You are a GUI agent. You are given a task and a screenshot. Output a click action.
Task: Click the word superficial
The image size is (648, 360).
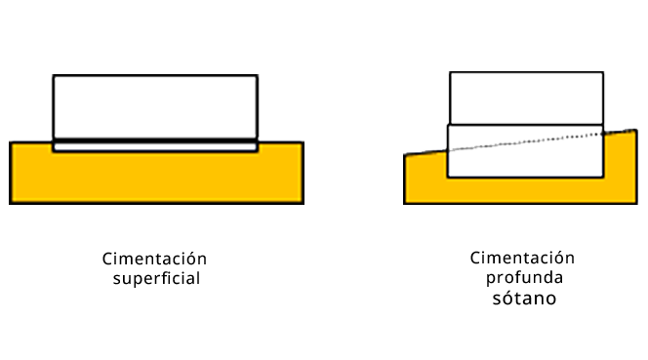tap(156, 279)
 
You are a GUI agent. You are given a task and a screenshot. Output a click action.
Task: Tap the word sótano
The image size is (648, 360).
tap(524, 298)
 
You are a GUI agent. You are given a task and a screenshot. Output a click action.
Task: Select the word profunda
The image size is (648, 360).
tap(524, 278)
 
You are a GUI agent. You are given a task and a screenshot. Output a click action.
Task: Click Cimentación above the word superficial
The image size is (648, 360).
tap(154, 259)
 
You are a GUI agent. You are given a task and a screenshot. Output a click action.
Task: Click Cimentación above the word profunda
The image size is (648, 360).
tap(522, 258)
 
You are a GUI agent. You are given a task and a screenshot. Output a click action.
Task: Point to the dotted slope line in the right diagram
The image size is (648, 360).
tap(525, 142)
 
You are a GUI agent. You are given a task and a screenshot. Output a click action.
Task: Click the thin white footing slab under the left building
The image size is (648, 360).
tap(155, 147)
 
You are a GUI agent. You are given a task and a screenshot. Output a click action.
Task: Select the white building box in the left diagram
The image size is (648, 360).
tap(155, 107)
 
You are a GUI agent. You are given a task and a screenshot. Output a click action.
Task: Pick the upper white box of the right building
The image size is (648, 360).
tap(527, 98)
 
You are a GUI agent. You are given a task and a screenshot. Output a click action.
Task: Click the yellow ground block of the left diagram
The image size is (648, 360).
tap(156, 178)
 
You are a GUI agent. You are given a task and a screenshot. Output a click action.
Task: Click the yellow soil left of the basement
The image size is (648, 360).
tap(425, 178)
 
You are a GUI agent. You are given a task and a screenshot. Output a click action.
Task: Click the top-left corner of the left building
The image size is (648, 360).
tap(54, 75)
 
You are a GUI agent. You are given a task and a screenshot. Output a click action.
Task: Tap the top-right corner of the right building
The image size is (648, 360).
tap(603, 72)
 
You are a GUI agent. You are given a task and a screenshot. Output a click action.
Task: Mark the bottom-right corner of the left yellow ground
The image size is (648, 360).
tap(304, 203)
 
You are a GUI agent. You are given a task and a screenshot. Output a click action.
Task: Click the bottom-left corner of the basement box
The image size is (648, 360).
tap(448, 178)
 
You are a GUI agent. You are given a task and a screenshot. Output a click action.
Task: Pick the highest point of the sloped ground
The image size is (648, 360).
tap(636, 130)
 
